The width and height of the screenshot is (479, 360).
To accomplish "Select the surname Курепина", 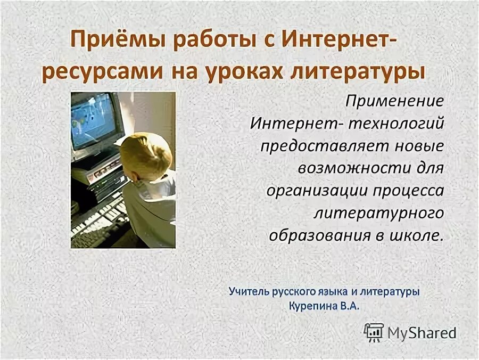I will [311, 306].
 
